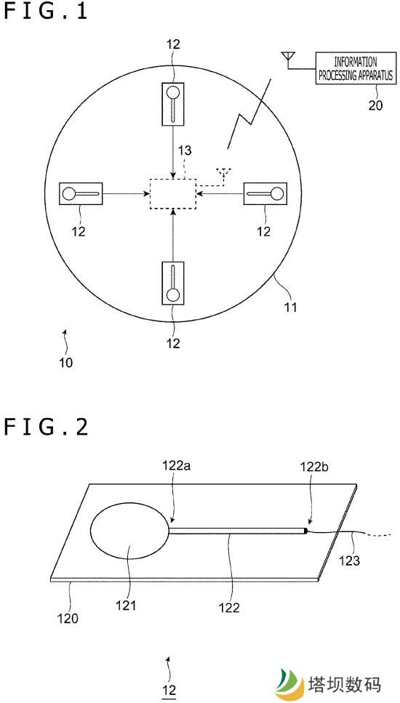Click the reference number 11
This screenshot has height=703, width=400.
point(289,308)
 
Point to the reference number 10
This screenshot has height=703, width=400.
point(66,362)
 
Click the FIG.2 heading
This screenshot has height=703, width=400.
point(46,427)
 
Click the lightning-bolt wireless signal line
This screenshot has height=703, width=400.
point(249,113)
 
